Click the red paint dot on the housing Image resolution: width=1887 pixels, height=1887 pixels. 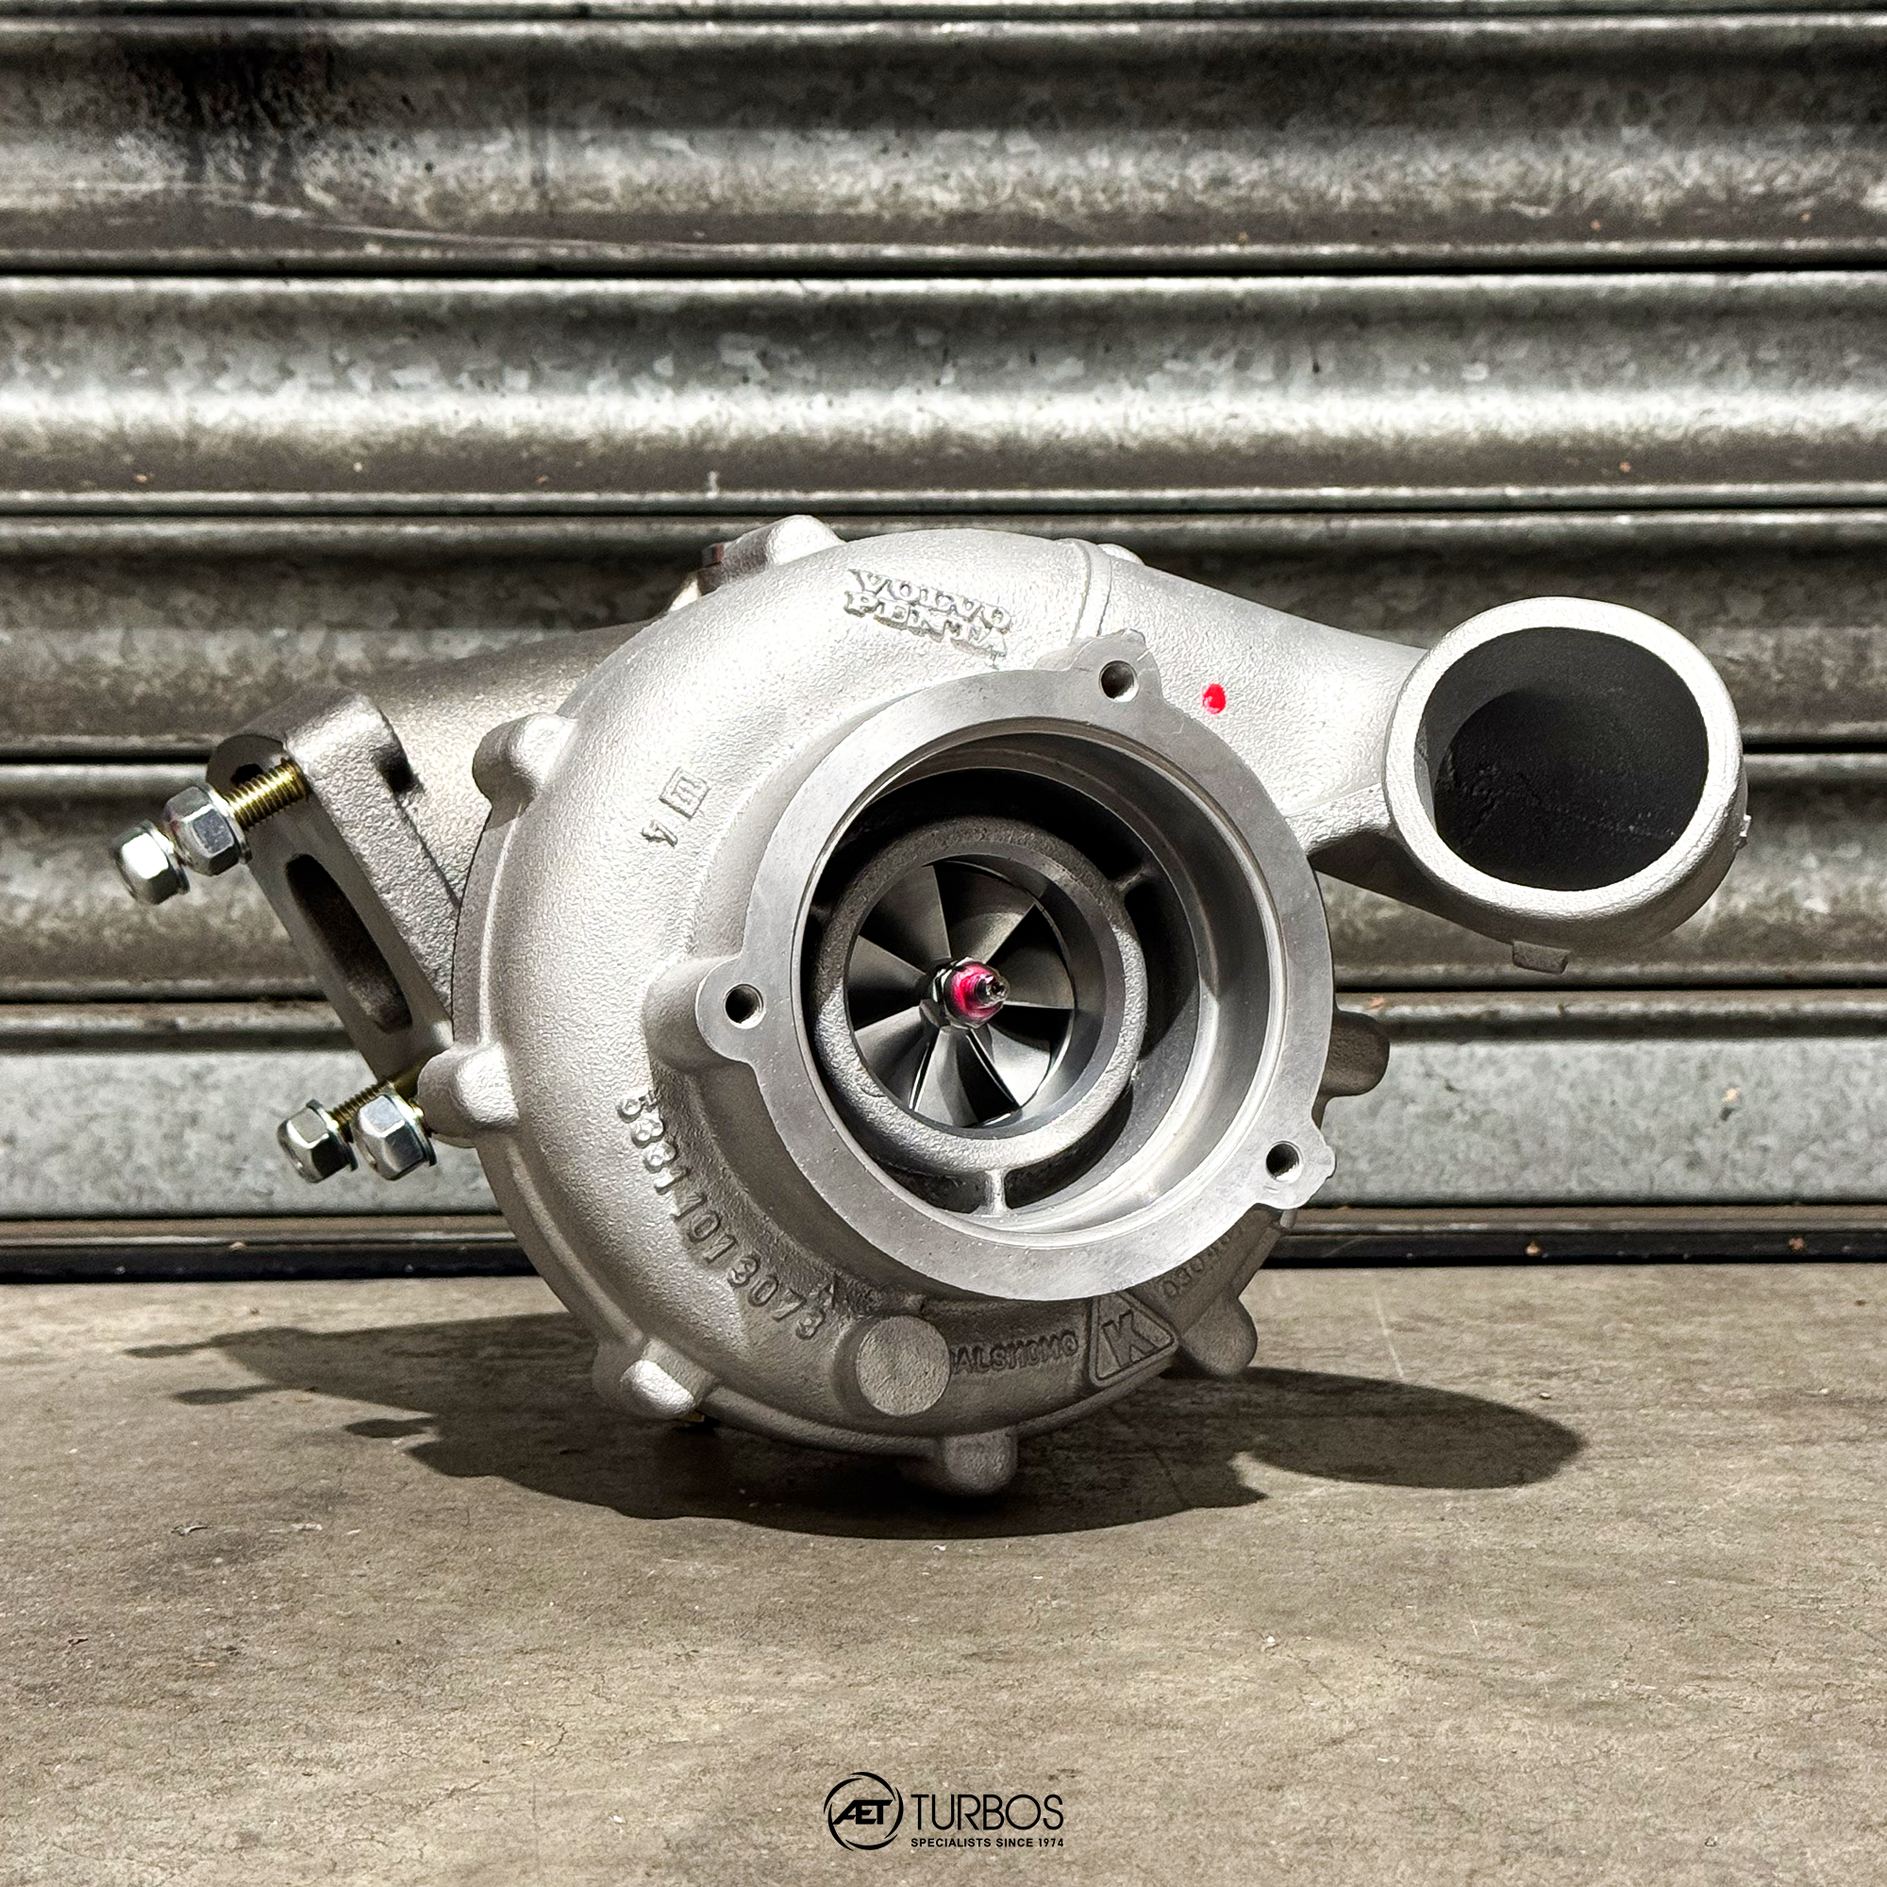[1214, 697]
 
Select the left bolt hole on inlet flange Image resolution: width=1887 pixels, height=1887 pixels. [744, 998]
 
